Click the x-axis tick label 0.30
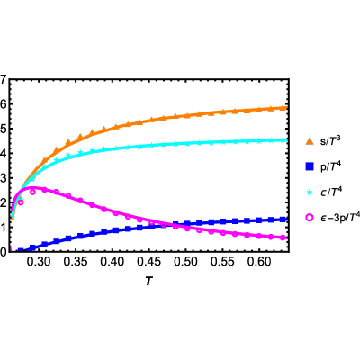40,262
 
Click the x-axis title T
148,281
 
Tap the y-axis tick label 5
3,129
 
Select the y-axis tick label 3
3,178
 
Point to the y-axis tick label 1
3,228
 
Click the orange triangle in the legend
310,140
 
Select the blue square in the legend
310,166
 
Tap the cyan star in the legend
310,193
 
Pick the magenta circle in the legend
310,218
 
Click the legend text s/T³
330,140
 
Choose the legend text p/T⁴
330,166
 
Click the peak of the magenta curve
32,187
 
